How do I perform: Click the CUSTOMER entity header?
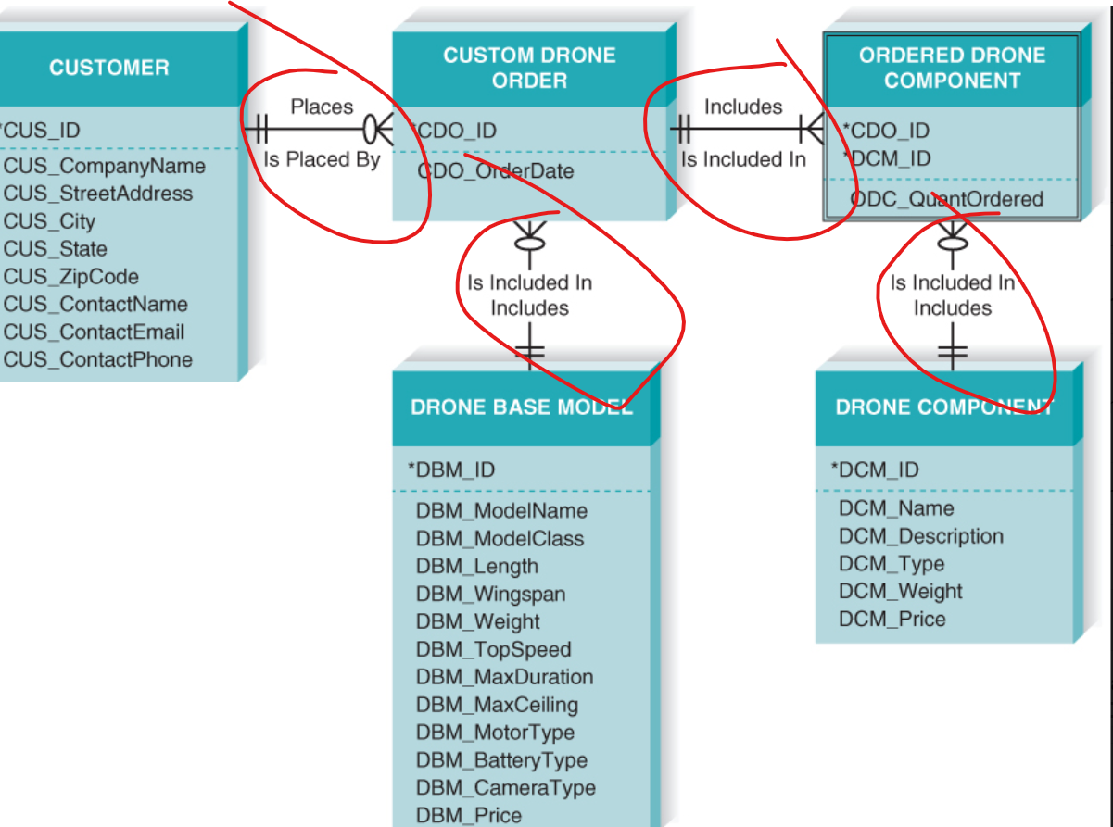[109, 68]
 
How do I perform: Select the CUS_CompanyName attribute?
[105, 167]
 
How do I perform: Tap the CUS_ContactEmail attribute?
[94, 332]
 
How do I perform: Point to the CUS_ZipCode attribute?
[71, 277]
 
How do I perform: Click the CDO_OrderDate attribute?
[495, 171]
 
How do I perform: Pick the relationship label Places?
[322, 107]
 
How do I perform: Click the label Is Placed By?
[322, 159]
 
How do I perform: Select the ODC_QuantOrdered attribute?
[946, 199]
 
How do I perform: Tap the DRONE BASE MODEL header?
[522, 408]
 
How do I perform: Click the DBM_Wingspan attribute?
[490, 595]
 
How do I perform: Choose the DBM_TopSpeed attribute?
[493, 650]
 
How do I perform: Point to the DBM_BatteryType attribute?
[501, 761]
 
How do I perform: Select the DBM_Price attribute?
[468, 816]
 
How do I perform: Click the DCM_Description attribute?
[920, 537]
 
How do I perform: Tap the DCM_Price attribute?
[892, 620]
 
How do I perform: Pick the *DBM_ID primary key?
[451, 470]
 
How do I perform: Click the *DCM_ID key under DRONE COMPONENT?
[875, 470]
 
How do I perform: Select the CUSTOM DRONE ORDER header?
[529, 68]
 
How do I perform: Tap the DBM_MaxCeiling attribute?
[496, 706]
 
